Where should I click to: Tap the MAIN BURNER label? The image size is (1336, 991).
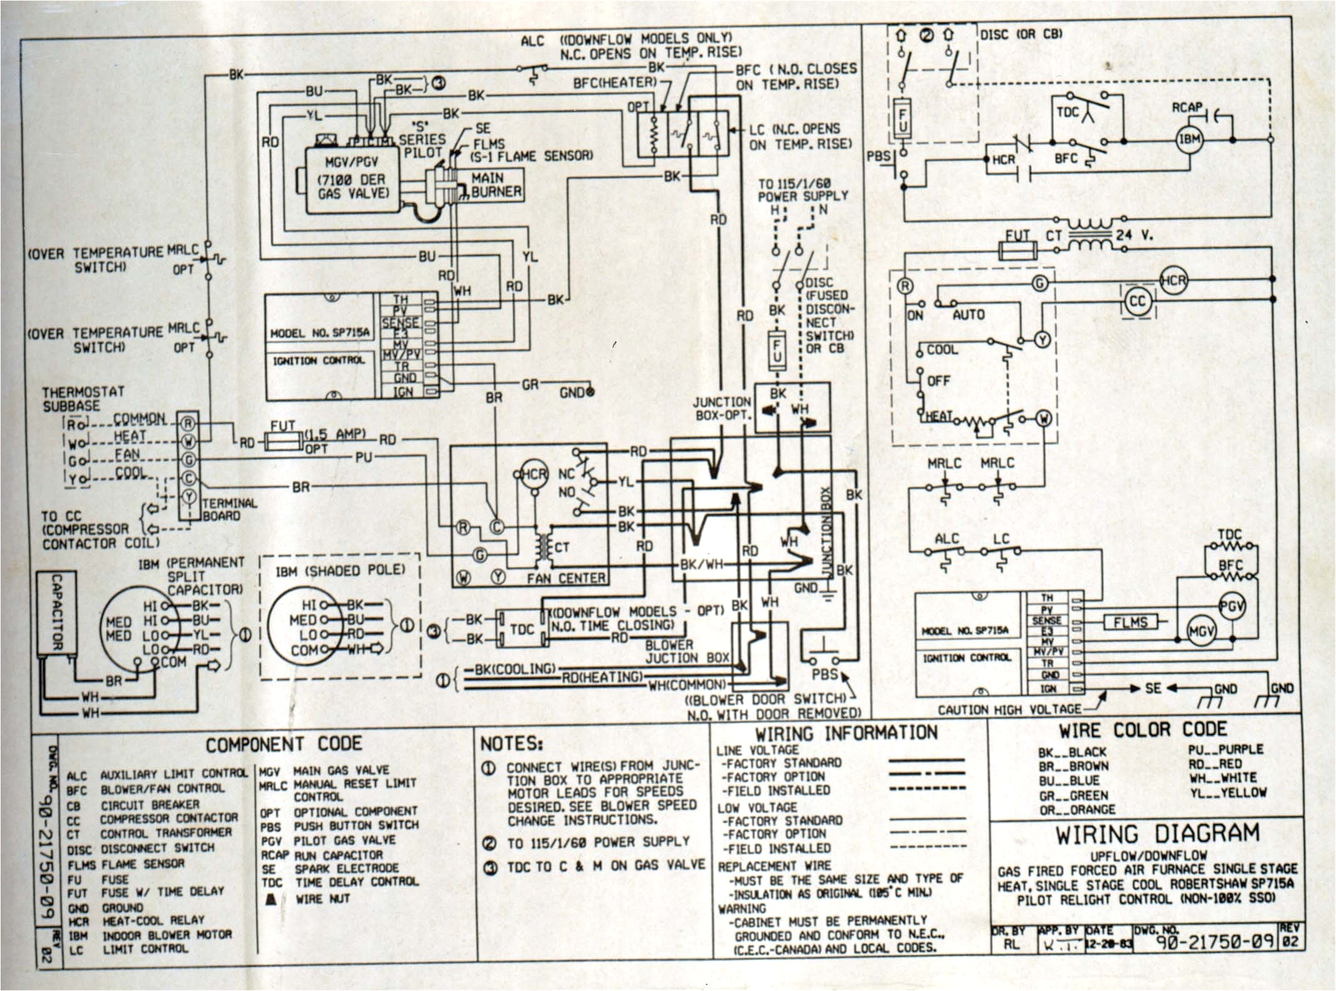495,185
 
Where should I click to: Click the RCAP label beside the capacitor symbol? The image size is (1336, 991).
1187,108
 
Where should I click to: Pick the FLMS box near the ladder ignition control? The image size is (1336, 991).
1130,622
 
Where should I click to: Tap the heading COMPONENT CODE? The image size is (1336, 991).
283,744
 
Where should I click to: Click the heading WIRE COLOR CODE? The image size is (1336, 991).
1142,730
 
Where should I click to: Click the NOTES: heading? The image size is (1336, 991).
511,744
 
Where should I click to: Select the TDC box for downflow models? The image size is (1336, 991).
522,629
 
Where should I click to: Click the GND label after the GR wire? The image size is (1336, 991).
572,394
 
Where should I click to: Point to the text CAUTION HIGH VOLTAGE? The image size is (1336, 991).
1009,709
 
